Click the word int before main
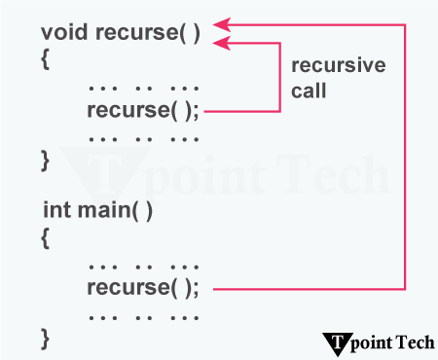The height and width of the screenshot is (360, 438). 58,209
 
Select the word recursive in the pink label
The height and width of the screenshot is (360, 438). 339,65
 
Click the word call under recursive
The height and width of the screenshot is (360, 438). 310,90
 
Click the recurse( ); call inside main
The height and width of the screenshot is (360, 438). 142,288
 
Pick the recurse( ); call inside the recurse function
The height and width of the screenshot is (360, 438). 142,110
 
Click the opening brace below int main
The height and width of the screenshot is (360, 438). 45,236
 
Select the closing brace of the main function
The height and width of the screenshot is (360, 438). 45,339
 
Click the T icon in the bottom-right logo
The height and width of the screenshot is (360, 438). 337,341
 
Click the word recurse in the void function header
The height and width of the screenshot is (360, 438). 136,32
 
